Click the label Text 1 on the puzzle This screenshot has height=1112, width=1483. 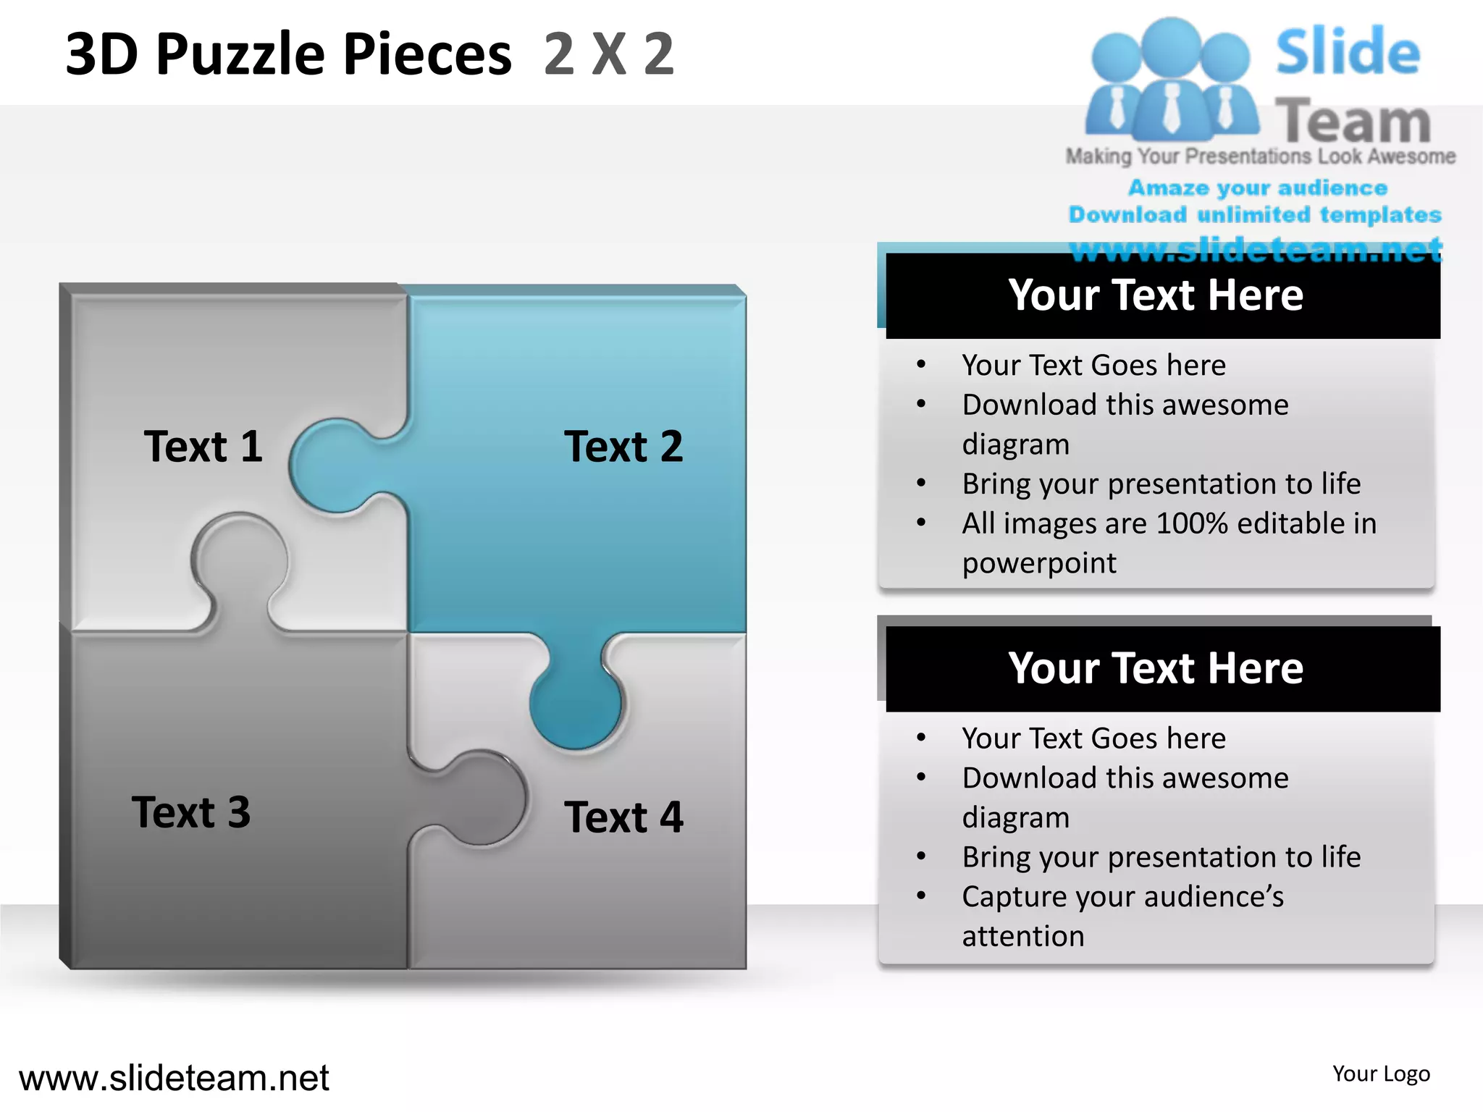tap(203, 446)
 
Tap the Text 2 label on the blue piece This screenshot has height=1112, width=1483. tap(623, 446)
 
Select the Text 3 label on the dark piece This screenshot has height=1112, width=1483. tap(191, 812)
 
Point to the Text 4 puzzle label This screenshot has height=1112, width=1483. tap(623, 817)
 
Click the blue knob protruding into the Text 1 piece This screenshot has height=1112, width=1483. tap(333, 466)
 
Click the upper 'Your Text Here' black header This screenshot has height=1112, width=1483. tap(1156, 295)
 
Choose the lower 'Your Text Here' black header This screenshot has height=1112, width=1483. tap(1156, 668)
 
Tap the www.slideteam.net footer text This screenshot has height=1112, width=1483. tap(174, 1078)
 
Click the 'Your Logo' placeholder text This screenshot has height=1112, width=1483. tap(1381, 1074)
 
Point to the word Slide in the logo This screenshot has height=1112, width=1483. tap(1348, 52)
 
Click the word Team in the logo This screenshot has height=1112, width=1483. tap(1353, 122)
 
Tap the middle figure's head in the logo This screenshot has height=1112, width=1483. tap(1171, 45)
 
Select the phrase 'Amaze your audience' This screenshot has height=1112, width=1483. tap(1258, 188)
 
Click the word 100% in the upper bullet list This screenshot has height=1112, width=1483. tap(1192, 523)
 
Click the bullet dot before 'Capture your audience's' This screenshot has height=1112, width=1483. tap(921, 896)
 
